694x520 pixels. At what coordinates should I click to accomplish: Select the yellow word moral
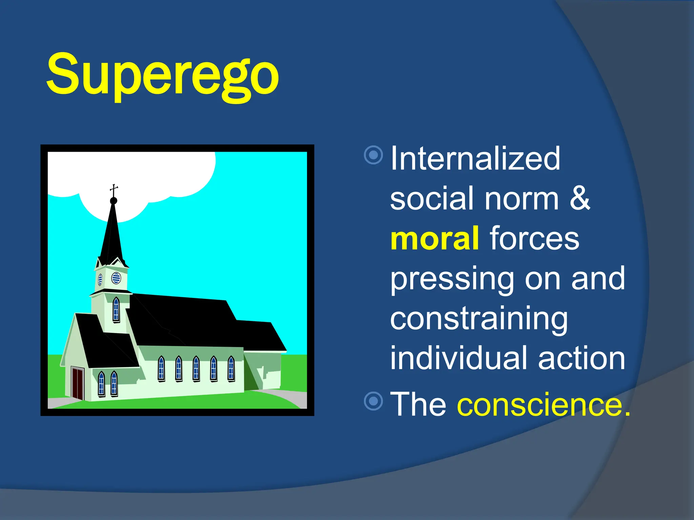point(435,238)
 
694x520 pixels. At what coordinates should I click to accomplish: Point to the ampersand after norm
point(580,198)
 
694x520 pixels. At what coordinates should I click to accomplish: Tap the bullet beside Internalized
point(373,155)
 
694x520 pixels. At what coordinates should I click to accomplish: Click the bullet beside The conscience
point(373,401)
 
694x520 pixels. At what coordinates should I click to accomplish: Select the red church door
point(78,383)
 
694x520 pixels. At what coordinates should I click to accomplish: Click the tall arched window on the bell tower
point(116,309)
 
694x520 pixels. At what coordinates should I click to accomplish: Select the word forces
point(534,238)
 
